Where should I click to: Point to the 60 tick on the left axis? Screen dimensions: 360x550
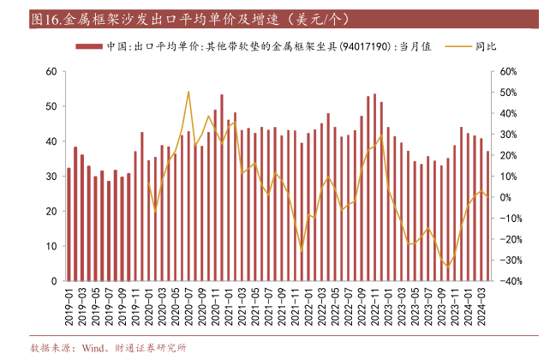click(x=52, y=72)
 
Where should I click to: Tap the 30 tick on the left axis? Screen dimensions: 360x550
click(x=52, y=177)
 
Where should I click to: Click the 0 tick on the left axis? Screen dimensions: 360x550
click(x=55, y=281)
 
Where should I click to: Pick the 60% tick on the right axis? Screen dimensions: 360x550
click(x=509, y=72)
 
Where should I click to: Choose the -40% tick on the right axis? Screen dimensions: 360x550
click(x=511, y=281)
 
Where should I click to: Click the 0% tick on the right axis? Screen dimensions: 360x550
click(x=506, y=198)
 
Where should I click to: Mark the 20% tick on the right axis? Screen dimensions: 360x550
click(x=509, y=156)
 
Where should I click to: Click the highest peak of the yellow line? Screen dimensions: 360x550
click(x=188, y=92)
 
